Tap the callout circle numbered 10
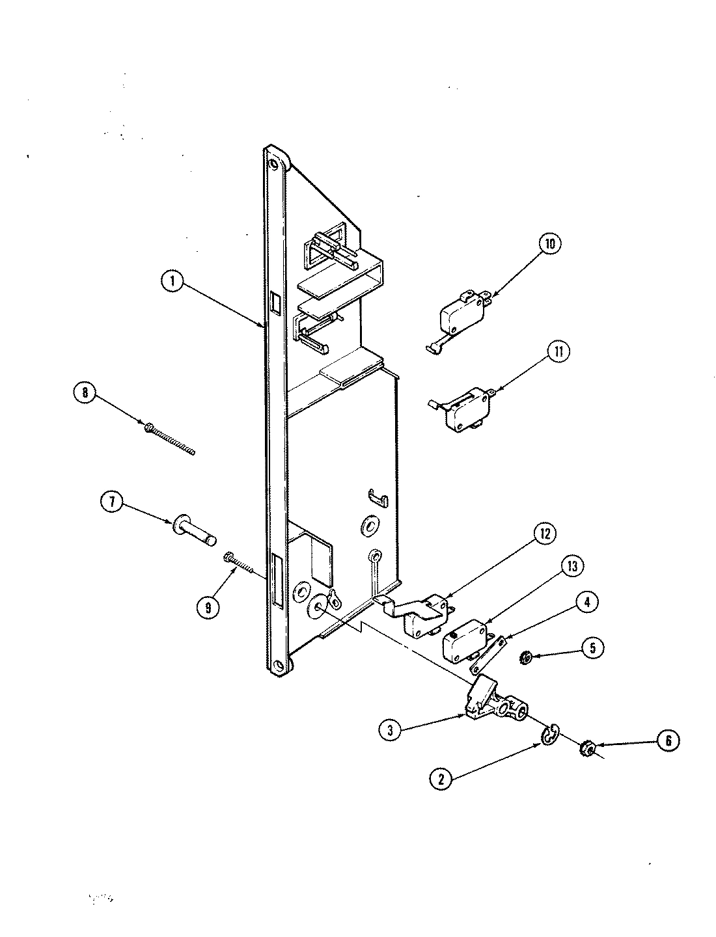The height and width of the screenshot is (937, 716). point(550,244)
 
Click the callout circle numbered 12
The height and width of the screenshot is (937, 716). point(545,534)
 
